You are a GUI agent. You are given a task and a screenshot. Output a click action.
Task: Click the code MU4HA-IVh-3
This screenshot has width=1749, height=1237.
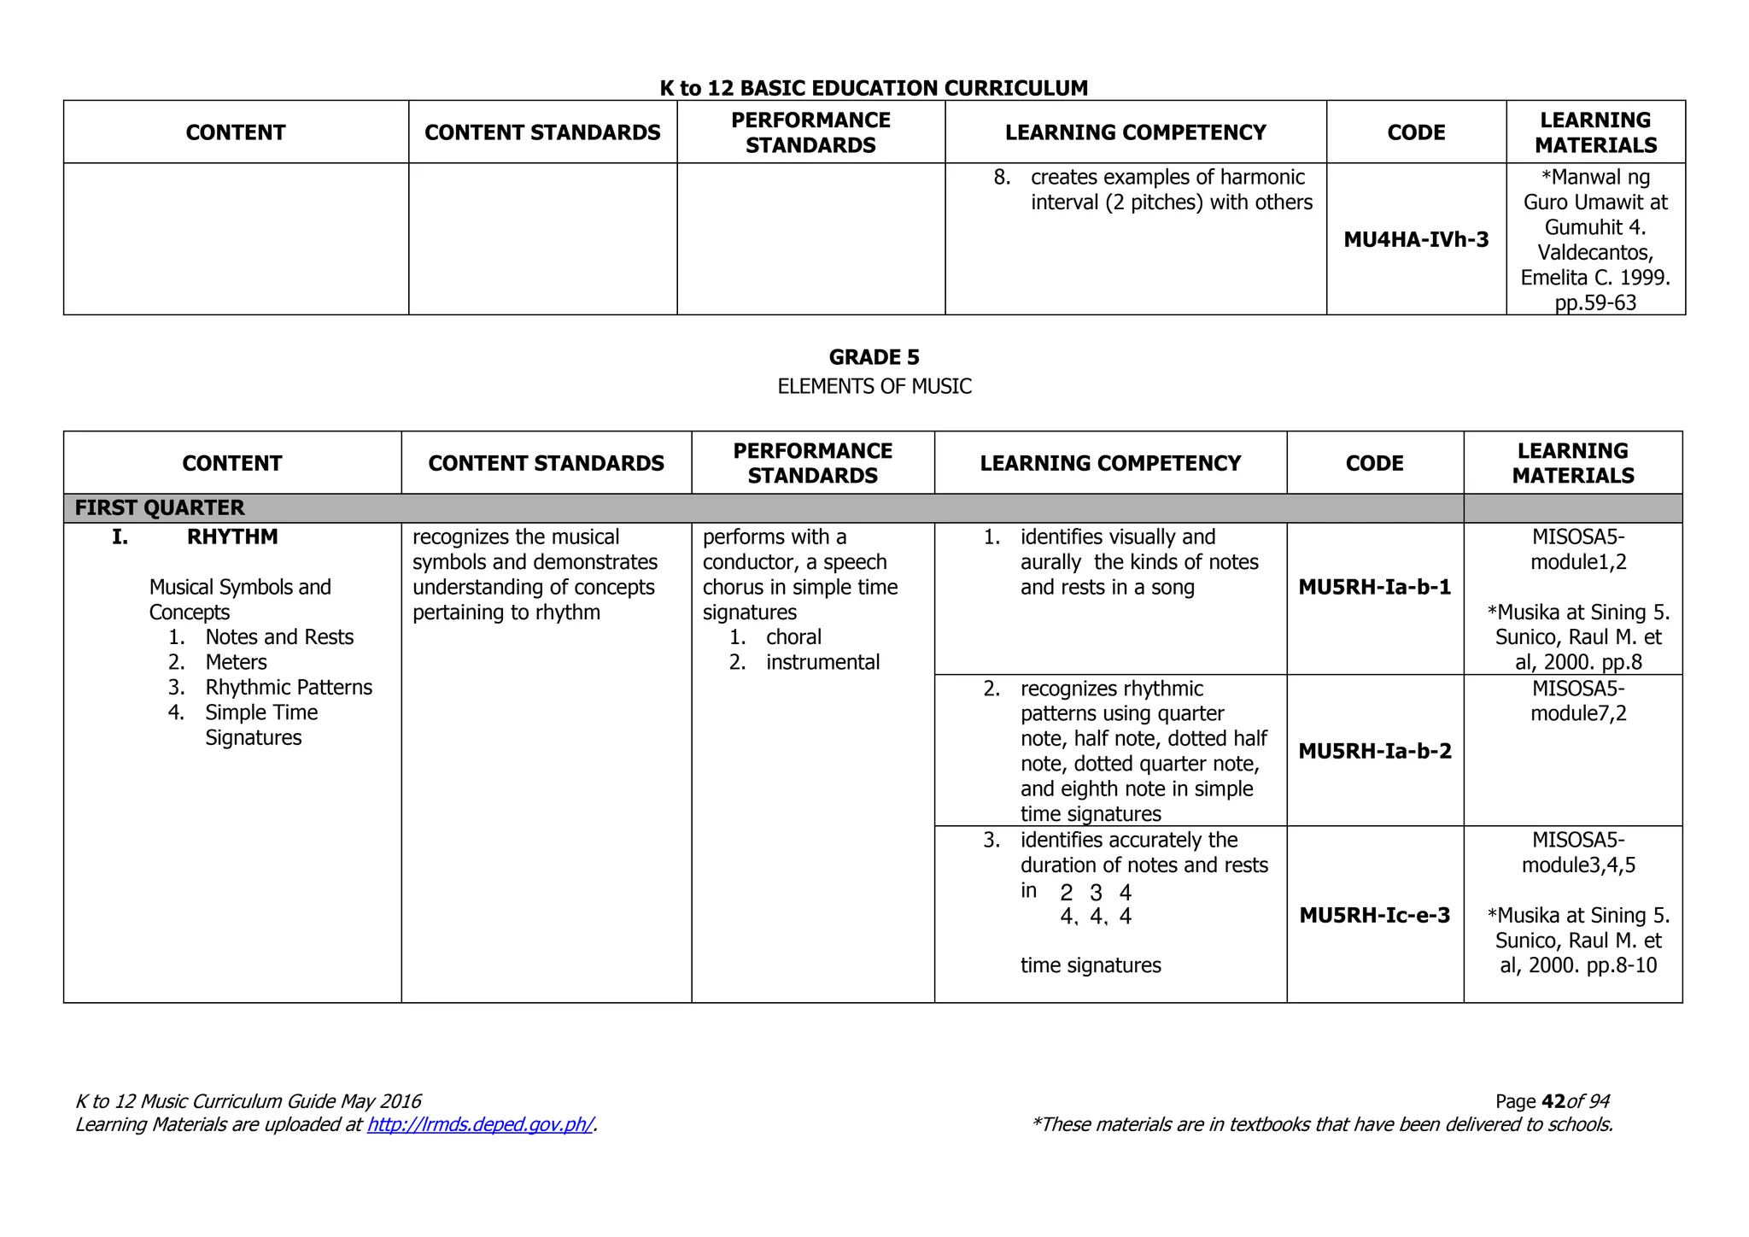[1416, 240]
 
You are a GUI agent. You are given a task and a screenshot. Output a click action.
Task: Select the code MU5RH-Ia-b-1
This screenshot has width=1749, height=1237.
[1374, 587]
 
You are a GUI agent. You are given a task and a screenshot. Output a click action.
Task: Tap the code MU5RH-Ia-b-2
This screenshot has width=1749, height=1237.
[1374, 751]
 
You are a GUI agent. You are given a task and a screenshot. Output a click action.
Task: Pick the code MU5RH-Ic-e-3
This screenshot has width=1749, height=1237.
[1374, 916]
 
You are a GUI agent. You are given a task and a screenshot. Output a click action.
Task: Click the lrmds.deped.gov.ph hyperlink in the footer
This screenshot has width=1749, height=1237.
[480, 1124]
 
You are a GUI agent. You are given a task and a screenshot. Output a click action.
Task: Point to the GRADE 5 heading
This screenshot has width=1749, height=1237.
[874, 357]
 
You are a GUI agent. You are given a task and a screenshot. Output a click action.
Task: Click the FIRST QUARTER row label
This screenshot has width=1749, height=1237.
[160, 508]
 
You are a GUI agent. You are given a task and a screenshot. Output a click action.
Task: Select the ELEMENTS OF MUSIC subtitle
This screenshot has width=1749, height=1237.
[874, 387]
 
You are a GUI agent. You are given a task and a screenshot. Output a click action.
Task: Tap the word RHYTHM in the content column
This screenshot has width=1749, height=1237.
[232, 537]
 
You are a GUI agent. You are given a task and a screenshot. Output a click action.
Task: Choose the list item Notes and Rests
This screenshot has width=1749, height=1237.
[279, 637]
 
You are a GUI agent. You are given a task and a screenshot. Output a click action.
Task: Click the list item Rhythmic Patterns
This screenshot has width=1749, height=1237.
[289, 688]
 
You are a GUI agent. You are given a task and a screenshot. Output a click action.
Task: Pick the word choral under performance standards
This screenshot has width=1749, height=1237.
[793, 637]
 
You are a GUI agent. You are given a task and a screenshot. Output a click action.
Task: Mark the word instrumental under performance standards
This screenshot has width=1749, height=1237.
[822, 662]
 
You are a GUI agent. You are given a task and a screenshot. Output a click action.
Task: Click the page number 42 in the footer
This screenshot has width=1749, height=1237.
[1553, 1102]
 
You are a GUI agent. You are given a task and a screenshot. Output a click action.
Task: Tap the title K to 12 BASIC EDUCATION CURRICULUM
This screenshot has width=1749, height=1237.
[874, 88]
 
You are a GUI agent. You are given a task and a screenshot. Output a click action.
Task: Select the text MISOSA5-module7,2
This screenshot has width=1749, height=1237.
[1577, 701]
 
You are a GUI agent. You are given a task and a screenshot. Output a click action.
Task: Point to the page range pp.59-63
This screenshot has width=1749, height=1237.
[1595, 302]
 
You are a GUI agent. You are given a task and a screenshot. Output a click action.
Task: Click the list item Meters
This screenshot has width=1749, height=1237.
[236, 662]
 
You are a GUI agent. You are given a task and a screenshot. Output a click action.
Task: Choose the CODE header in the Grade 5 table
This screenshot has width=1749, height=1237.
[1374, 463]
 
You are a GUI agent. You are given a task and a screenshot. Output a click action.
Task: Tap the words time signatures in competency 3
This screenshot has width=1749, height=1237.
[1091, 965]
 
